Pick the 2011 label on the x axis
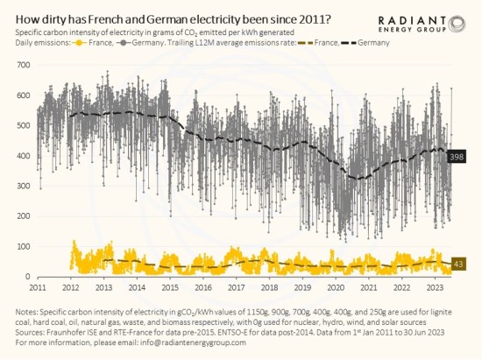[x=37, y=287]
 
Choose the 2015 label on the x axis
[x=170, y=287]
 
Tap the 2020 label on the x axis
[x=336, y=287]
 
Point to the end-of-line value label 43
[x=457, y=264]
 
